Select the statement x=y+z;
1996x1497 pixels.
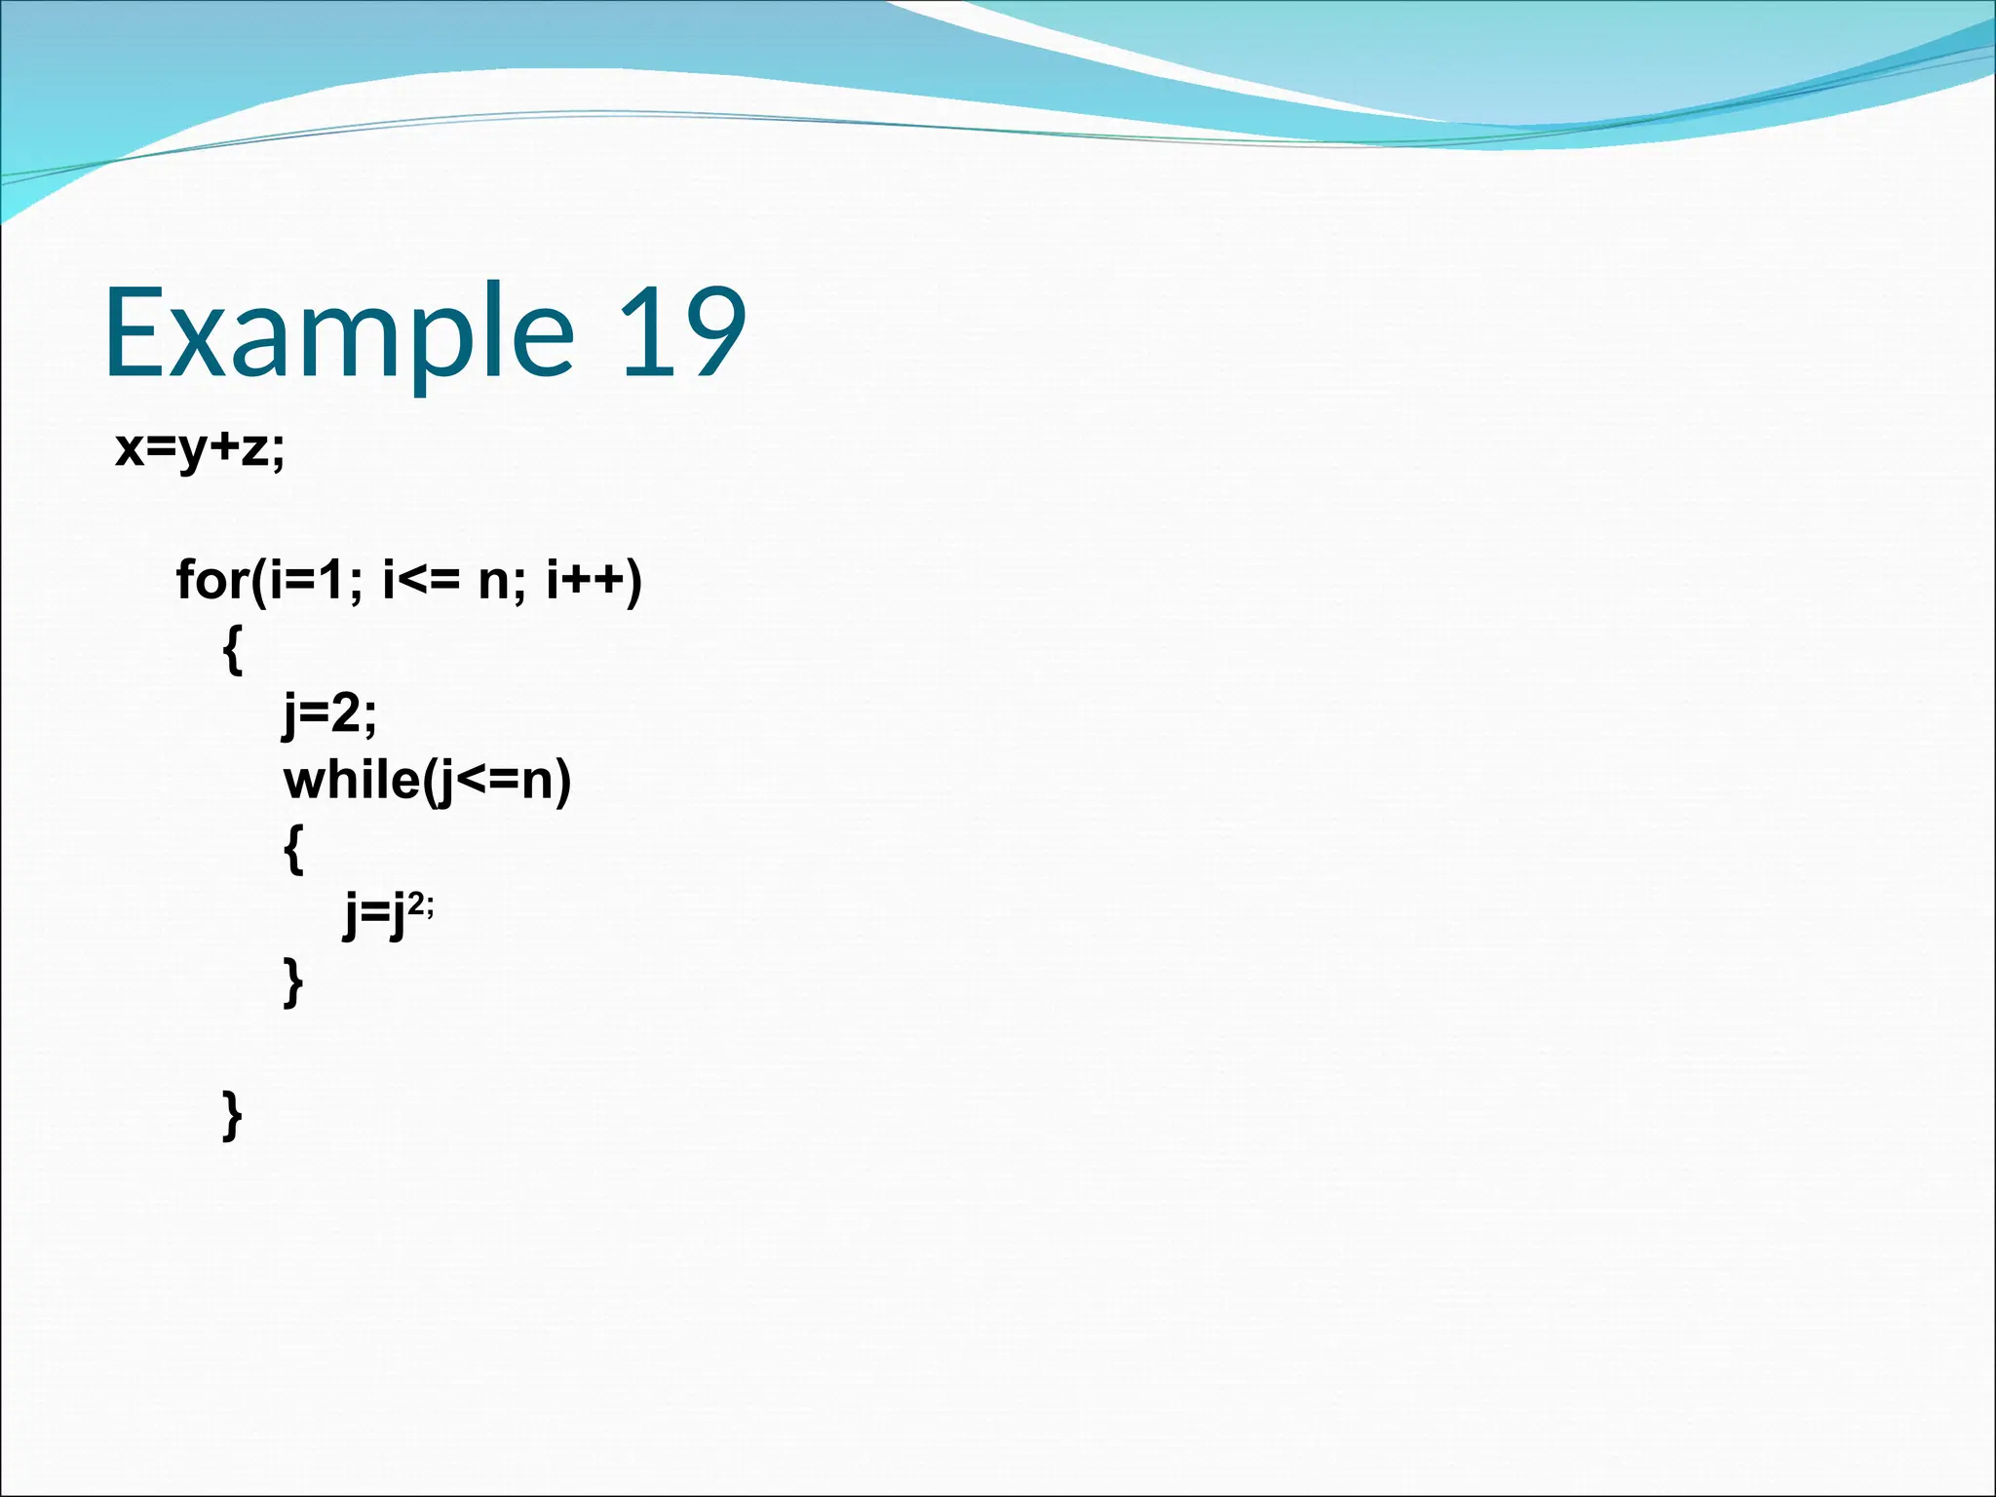pyautogui.click(x=200, y=450)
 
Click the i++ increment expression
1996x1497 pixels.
pyautogui.click(x=585, y=581)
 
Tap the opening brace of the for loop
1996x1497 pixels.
pyautogui.click(x=232, y=650)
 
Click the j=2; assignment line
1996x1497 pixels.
pyautogui.click(x=329, y=714)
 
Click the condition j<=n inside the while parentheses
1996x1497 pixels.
pyautogui.click(x=493, y=782)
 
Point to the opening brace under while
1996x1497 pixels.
pyautogui.click(x=293, y=849)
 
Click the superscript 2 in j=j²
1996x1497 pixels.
pyautogui.click(x=416, y=904)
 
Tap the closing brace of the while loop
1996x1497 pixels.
pyautogui.click(x=293, y=981)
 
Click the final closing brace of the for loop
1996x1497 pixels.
pyautogui.click(x=232, y=1115)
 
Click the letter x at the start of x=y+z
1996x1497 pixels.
pyautogui.click(x=129, y=450)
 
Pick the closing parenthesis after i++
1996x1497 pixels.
pyautogui.click(x=634, y=581)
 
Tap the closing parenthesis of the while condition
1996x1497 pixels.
pyautogui.click(x=561, y=782)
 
